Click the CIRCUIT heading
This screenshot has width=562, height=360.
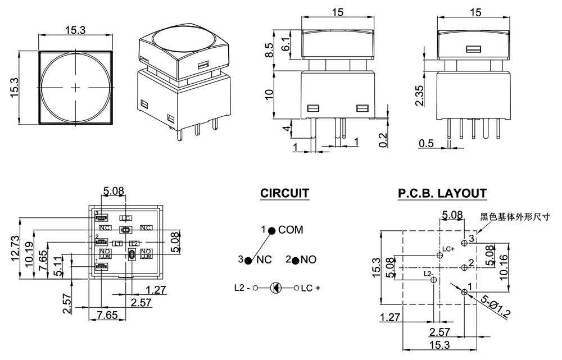(x=284, y=194)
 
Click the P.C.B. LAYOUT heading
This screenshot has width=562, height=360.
(x=442, y=194)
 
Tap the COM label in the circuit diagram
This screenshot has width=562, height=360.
(x=291, y=230)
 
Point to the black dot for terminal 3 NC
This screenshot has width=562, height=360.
(x=248, y=261)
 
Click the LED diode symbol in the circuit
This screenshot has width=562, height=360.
(x=275, y=288)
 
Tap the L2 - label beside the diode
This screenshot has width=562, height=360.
(x=242, y=288)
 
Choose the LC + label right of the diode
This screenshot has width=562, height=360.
(x=310, y=288)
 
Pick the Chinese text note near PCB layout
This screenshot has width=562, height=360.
(x=514, y=216)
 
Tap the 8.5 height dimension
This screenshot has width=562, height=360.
(x=270, y=51)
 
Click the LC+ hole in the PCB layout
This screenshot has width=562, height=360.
(x=440, y=256)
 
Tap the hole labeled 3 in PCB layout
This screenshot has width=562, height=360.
(x=464, y=243)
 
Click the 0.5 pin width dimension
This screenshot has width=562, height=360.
(x=427, y=144)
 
